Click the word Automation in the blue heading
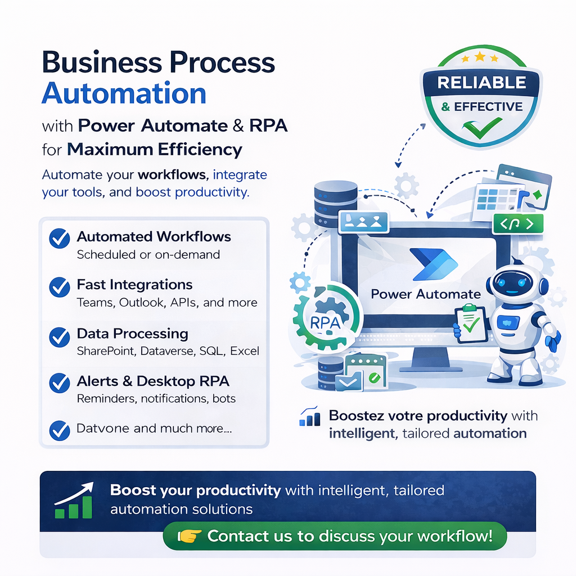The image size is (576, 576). point(124,93)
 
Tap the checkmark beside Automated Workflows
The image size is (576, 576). point(59,238)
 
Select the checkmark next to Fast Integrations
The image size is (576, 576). point(59,287)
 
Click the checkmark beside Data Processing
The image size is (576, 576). point(59,336)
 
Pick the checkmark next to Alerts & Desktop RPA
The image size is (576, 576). point(59,383)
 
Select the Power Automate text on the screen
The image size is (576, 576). point(426,294)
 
